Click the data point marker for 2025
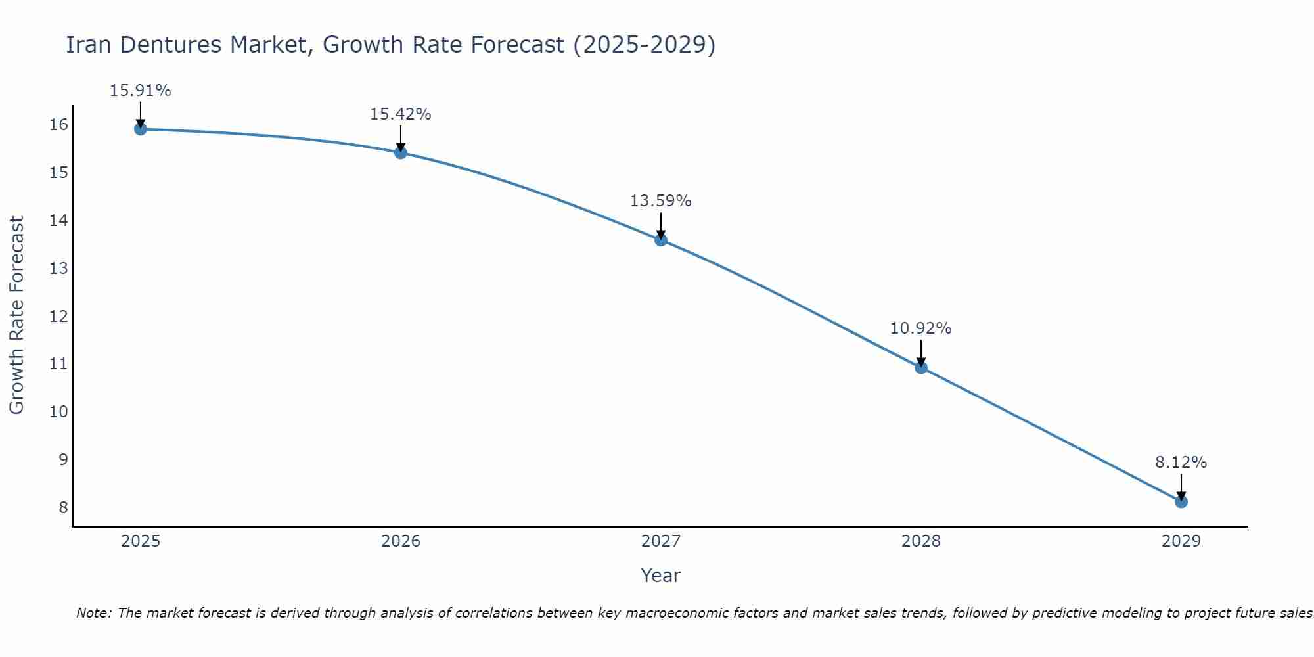point(141,129)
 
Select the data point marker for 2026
point(401,152)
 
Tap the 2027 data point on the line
point(661,240)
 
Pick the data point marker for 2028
point(921,367)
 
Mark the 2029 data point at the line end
point(1181,501)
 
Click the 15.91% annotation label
point(141,91)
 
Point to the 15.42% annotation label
point(401,114)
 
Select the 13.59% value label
point(661,201)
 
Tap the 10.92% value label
point(921,328)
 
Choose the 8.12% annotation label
point(1181,463)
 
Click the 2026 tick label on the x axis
point(401,541)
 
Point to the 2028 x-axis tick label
point(921,541)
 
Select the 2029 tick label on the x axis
point(1181,541)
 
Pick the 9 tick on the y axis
point(63,459)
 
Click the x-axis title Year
point(661,576)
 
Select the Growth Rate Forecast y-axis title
point(16,315)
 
